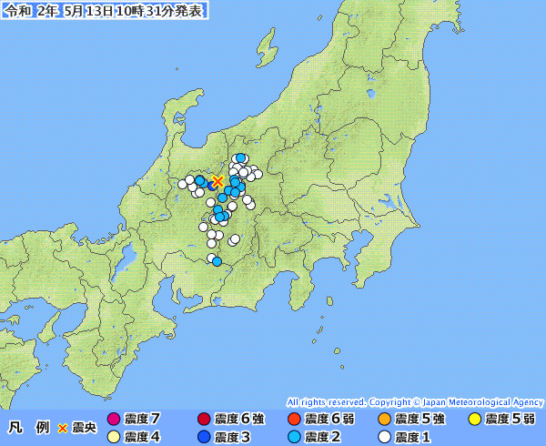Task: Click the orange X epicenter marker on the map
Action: click(217, 180)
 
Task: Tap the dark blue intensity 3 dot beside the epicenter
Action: click(212, 185)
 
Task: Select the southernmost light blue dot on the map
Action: click(217, 261)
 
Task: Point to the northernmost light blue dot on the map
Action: click(240, 158)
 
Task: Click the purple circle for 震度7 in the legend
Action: click(114, 420)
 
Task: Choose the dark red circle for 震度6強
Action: click(203, 420)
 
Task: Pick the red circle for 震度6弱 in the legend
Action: click(293, 420)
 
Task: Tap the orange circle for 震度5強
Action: click(384, 420)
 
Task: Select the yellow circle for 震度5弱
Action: click(474, 420)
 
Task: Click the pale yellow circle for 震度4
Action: click(114, 437)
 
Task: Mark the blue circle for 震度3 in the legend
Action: click(203, 437)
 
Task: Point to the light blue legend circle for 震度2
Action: click(293, 437)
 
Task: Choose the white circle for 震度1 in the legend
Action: click(384, 437)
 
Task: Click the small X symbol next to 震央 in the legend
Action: click(63, 428)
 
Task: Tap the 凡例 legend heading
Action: click(27, 428)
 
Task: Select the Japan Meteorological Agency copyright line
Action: click(415, 401)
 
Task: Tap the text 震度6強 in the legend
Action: click(239, 420)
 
